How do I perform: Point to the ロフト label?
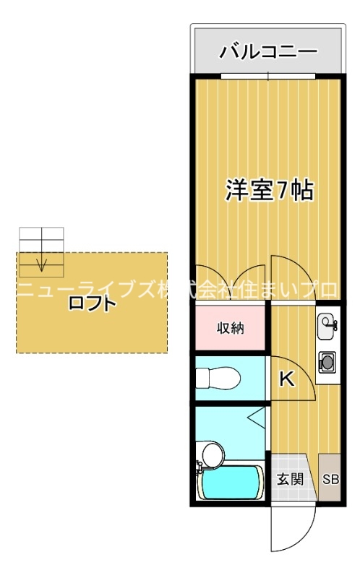pyautogui.click(x=92, y=303)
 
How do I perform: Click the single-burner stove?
pyautogui.click(x=327, y=361)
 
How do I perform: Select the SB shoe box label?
pyautogui.click(x=330, y=478)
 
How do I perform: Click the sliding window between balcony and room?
pyautogui.click(x=267, y=76)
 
